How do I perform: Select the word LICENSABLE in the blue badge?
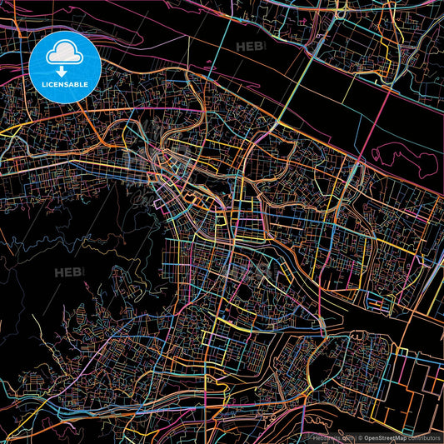click(x=63, y=84)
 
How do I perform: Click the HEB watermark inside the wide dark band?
click(x=249, y=47)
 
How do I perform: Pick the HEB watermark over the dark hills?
click(x=67, y=272)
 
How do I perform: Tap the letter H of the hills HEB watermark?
click(x=59, y=272)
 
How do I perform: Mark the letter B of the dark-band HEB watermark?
click(x=257, y=47)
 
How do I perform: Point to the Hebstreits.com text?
click(x=318, y=437)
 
